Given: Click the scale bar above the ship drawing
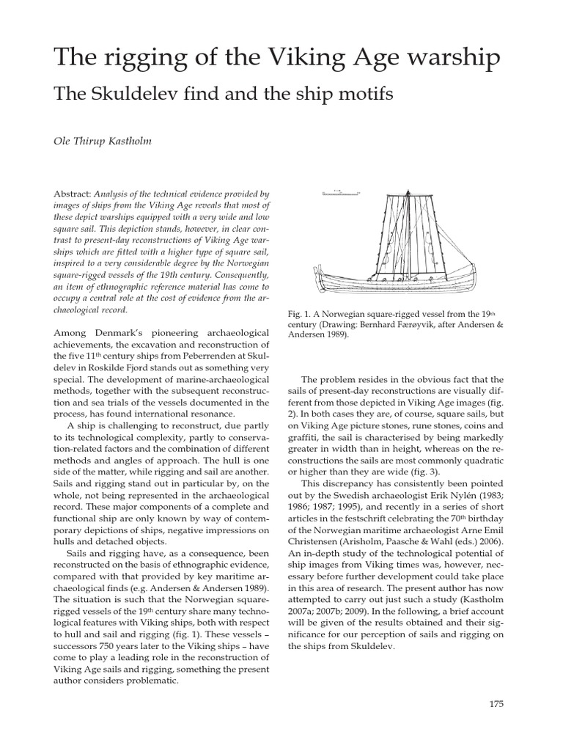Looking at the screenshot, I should coord(341,192).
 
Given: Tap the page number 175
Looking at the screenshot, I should coord(496,704).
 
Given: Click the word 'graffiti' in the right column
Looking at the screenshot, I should coord(306,437).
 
